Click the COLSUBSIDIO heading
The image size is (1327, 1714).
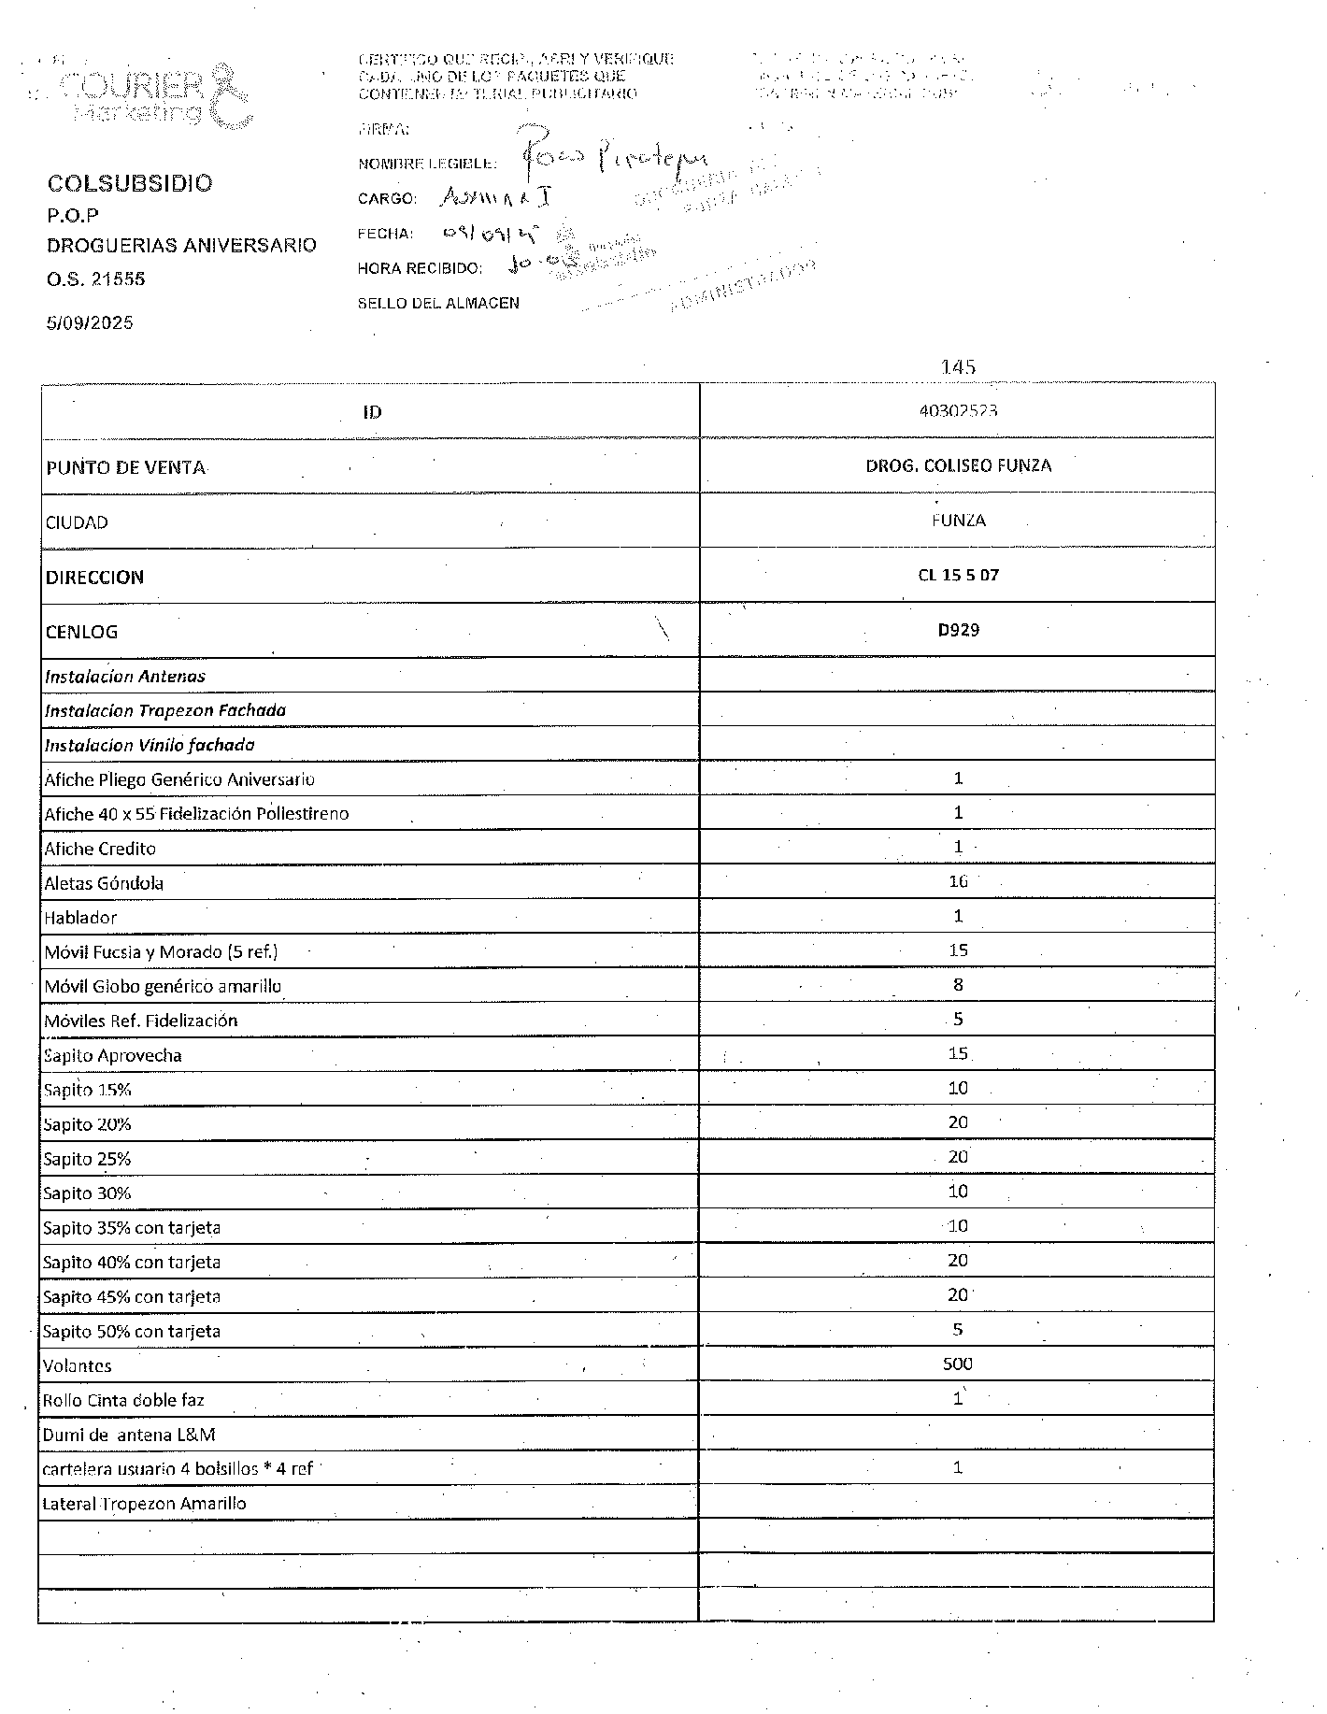[130, 183]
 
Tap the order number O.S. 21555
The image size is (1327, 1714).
[95, 279]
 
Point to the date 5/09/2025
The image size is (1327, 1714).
[90, 323]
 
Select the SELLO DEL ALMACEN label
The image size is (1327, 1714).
[438, 303]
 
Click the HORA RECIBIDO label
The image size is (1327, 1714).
[420, 268]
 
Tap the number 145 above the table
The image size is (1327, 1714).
[959, 367]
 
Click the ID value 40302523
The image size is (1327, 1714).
[958, 410]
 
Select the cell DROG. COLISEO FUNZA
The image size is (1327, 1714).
[958, 465]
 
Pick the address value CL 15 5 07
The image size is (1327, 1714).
[958, 575]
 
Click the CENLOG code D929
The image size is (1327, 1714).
[958, 630]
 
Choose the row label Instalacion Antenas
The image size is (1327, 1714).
[125, 676]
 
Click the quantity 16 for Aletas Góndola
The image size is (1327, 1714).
[958, 881]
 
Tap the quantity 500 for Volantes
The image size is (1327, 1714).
[958, 1364]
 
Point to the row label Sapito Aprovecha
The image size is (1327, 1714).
[113, 1055]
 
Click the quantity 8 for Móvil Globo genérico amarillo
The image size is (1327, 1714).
[958, 984]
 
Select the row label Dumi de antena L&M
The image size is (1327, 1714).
[129, 1434]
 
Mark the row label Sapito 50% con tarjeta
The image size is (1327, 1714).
[132, 1331]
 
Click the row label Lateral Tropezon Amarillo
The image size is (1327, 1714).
[145, 1503]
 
